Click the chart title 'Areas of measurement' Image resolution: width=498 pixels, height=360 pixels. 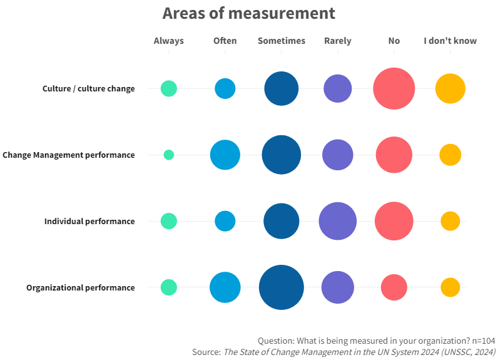click(248, 13)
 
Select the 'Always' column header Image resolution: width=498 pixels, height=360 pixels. click(169, 41)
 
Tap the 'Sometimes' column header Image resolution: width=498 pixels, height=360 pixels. click(282, 41)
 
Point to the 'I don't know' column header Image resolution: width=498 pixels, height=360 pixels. click(450, 41)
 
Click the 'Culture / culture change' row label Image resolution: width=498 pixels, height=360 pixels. click(89, 88)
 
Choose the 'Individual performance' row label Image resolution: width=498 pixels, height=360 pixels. click(89, 221)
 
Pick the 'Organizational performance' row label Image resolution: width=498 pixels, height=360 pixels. click(81, 287)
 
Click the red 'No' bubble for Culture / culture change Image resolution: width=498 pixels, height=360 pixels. click(394, 88)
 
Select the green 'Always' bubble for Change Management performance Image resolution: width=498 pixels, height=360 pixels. click(169, 155)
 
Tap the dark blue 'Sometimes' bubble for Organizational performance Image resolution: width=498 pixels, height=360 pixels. click(282, 287)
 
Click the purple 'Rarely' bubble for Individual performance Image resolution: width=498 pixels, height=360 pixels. click(338, 221)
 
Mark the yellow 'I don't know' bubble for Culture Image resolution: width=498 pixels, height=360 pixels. click(450, 88)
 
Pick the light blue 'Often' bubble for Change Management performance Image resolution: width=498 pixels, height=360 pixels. click(225, 155)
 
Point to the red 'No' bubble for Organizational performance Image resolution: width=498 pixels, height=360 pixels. click(394, 287)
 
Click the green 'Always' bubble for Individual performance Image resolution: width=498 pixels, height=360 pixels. click(169, 221)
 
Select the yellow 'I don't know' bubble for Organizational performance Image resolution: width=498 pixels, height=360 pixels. click(450, 287)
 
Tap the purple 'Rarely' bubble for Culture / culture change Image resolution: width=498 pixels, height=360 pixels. click(338, 88)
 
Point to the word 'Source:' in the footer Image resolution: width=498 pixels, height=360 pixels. click(206, 352)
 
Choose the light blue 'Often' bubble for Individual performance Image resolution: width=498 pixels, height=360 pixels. click(225, 221)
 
